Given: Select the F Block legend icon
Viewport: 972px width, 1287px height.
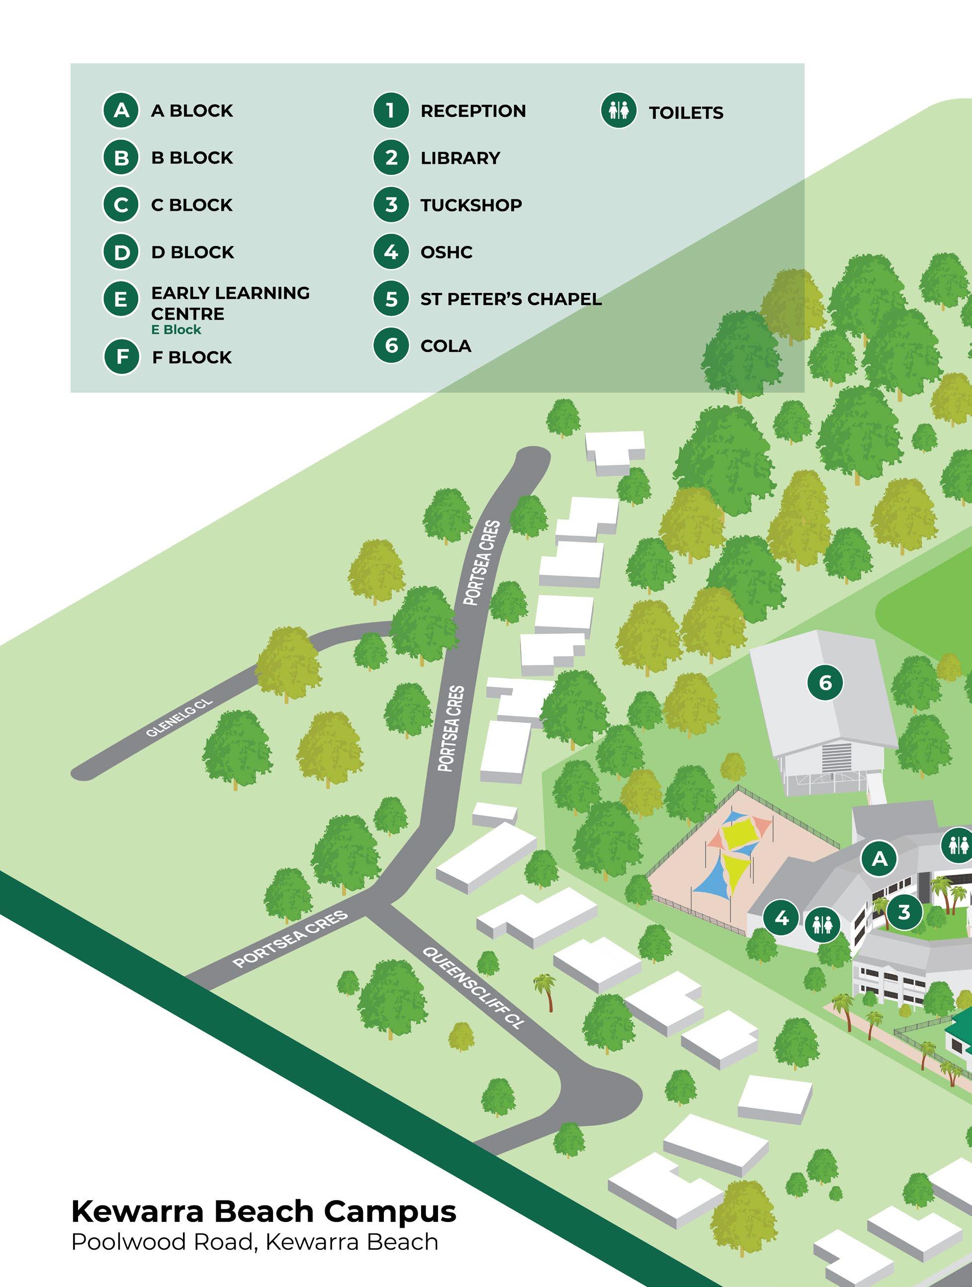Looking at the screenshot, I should click(122, 356).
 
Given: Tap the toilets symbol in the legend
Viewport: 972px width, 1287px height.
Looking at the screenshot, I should click(618, 110).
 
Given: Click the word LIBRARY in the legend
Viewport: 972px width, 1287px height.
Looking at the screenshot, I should click(460, 158).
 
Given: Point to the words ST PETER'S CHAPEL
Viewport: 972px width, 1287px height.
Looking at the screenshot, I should click(511, 299).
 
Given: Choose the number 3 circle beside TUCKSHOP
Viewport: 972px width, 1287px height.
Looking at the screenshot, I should click(391, 205).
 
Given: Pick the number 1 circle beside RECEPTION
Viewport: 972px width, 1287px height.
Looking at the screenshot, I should click(391, 110).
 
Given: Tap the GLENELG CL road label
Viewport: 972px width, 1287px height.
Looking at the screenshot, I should click(179, 718).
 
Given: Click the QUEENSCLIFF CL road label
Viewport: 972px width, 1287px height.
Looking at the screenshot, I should click(473, 987).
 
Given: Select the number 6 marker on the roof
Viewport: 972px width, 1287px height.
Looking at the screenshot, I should click(825, 682).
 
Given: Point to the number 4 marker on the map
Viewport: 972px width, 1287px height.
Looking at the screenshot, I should click(782, 918).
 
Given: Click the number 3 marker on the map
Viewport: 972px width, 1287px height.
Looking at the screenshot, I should click(903, 912).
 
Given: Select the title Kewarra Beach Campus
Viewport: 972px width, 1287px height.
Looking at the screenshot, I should click(263, 1212).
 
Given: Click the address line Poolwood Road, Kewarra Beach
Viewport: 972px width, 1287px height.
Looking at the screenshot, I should click(255, 1242).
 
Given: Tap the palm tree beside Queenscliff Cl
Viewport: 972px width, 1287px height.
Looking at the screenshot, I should click(546, 991).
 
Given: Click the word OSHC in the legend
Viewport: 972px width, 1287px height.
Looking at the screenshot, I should click(446, 253).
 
